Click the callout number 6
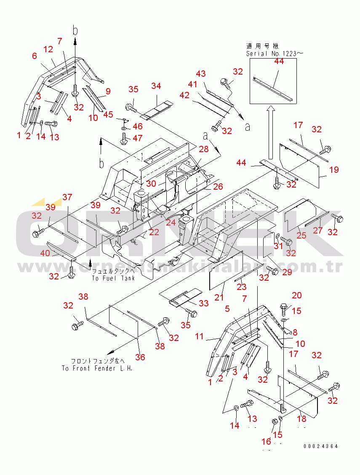click(x=34, y=56)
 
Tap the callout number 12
click(x=48, y=49)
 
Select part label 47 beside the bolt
click(x=137, y=138)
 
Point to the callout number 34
click(x=156, y=86)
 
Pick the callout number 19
click(x=334, y=170)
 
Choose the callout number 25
click(x=301, y=235)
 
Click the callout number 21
click(x=219, y=297)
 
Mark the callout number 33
click(x=203, y=303)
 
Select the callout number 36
click(x=140, y=357)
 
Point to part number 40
click(x=45, y=253)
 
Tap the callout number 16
click(x=267, y=441)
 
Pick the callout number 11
click(x=199, y=336)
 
